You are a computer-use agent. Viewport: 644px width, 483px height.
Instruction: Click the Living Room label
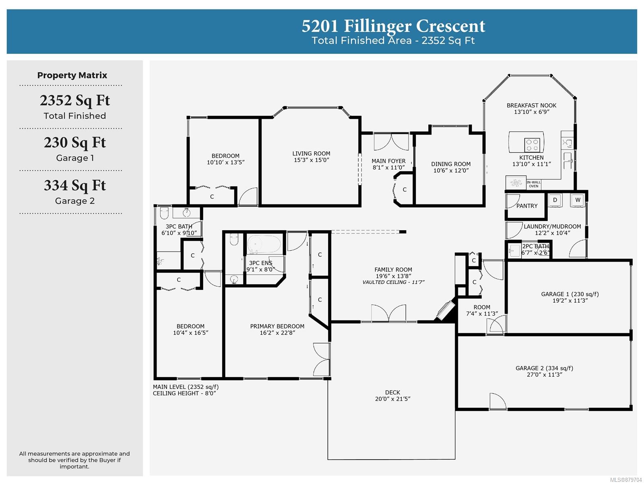311,153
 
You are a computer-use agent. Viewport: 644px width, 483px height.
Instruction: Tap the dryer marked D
555,200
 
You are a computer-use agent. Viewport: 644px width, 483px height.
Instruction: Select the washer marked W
578,200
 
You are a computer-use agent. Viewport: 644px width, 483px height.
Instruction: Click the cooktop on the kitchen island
532,145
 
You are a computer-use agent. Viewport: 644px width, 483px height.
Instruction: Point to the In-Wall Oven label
533,184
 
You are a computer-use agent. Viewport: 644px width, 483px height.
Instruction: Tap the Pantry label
526,206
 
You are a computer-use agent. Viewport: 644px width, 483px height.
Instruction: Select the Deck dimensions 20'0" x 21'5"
392,399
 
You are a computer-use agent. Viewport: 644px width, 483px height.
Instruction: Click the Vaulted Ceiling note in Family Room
393,282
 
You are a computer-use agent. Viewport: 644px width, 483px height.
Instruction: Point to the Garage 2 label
544,368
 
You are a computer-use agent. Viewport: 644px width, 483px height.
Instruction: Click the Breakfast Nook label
531,105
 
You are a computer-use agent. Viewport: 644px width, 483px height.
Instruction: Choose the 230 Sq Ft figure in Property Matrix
75,143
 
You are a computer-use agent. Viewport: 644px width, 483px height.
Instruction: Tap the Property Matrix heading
72,75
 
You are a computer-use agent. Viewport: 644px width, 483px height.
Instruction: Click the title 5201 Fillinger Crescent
393,26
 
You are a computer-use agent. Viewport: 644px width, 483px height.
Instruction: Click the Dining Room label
451,164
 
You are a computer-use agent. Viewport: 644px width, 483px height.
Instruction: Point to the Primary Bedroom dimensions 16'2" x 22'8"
277,332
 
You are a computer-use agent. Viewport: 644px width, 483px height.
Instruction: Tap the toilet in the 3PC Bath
164,213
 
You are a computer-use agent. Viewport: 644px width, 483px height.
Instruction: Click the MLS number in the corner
626,480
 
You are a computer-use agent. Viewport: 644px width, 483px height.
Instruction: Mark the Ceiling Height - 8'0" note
184,393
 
